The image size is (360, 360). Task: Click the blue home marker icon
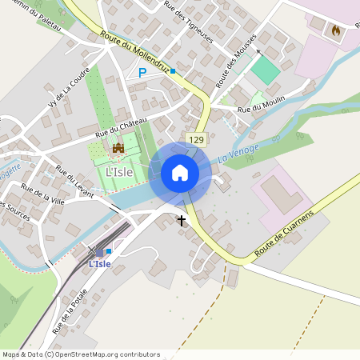coord(180,172)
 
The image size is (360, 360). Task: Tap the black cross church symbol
coord(182,219)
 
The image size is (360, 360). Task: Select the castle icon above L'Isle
coord(118,148)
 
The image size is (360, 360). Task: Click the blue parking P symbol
coord(142,73)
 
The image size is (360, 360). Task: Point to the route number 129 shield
coord(196,139)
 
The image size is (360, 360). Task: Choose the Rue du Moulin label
coord(281,98)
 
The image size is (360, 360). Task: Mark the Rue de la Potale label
coord(70,310)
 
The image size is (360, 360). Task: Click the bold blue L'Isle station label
coord(100,263)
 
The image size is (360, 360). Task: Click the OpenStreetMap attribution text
coord(81,354)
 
